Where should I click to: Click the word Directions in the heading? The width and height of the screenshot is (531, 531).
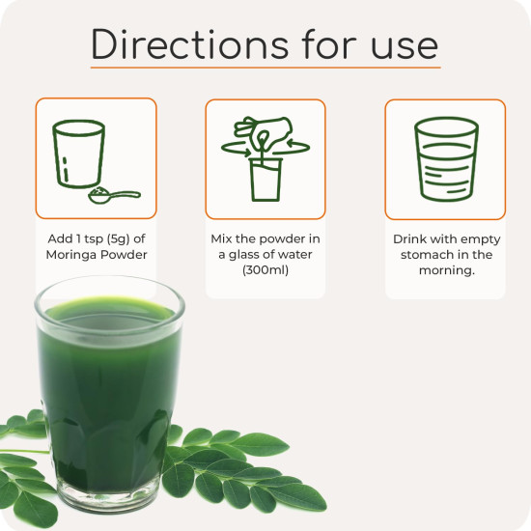coord(189,44)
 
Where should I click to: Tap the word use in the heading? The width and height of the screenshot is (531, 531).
coord(405,47)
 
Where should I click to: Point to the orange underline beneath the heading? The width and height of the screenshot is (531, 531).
coord(265,68)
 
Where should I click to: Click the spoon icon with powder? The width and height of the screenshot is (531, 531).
coord(114,195)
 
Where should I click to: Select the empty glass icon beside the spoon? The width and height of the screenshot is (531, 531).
coord(78,154)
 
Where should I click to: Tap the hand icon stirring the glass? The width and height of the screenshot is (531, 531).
coord(264,131)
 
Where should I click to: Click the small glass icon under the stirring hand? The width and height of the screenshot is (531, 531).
coord(265,180)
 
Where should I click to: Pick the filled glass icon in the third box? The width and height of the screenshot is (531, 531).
coord(446,159)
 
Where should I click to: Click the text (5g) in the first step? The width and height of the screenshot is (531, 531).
coord(118,238)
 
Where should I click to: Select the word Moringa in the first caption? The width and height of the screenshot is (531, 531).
coord(67,255)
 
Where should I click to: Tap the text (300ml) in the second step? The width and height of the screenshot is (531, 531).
coord(265,270)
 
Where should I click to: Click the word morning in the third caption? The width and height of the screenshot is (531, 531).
coord(445,270)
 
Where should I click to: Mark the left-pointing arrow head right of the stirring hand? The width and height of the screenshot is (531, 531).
coord(291,143)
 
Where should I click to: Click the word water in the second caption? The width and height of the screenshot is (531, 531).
coord(296,255)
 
